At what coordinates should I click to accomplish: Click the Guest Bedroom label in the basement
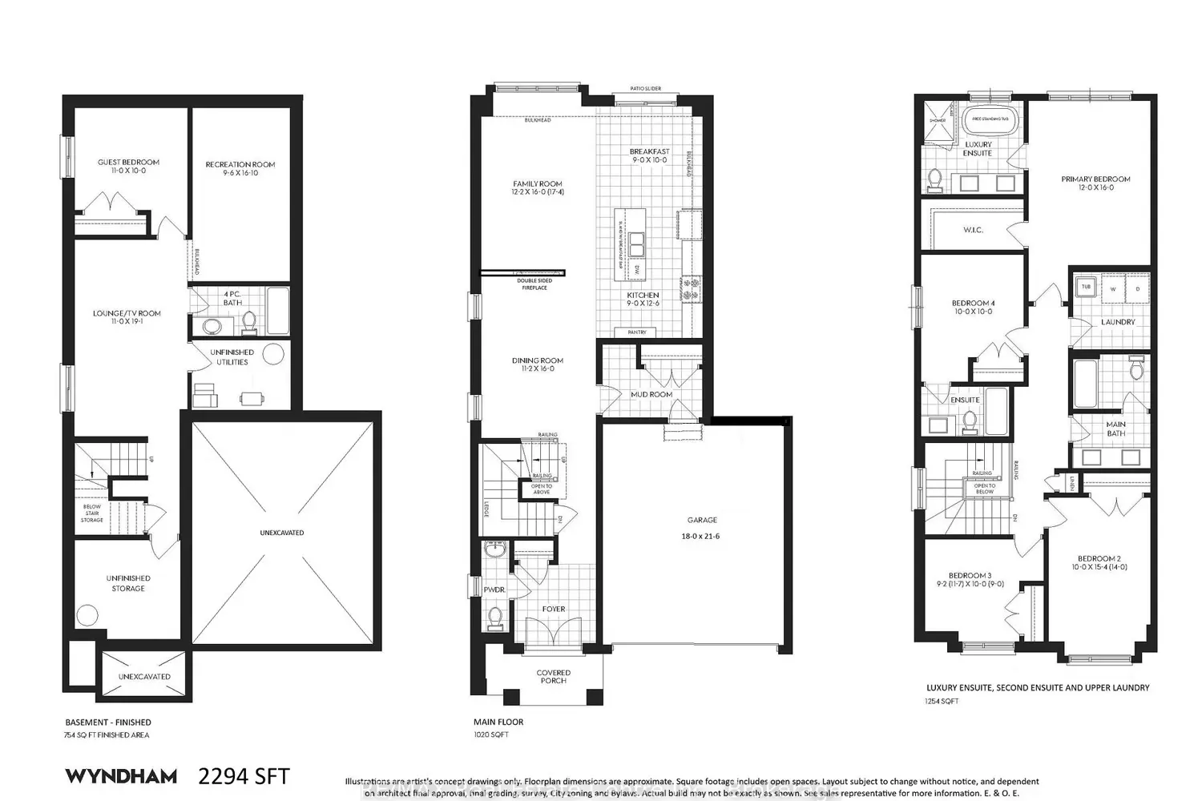128,163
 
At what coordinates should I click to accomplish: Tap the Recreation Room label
240,164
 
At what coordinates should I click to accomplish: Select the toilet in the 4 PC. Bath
248,321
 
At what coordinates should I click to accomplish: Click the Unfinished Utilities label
232,357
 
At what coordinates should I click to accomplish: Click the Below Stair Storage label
92,513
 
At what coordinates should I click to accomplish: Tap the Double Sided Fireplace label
534,284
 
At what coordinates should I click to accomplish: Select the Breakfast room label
649,151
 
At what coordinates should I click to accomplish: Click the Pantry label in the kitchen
637,332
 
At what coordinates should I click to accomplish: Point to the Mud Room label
651,394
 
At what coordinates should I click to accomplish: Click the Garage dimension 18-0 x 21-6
700,536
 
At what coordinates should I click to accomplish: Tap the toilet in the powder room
495,618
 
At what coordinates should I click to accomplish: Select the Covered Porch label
553,677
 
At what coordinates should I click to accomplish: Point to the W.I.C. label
973,230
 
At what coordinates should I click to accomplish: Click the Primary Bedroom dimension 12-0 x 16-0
1095,187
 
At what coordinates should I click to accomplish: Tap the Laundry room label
1117,322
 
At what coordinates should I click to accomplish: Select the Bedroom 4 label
973,303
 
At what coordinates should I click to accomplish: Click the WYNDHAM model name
121,776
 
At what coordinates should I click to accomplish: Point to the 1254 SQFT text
941,702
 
